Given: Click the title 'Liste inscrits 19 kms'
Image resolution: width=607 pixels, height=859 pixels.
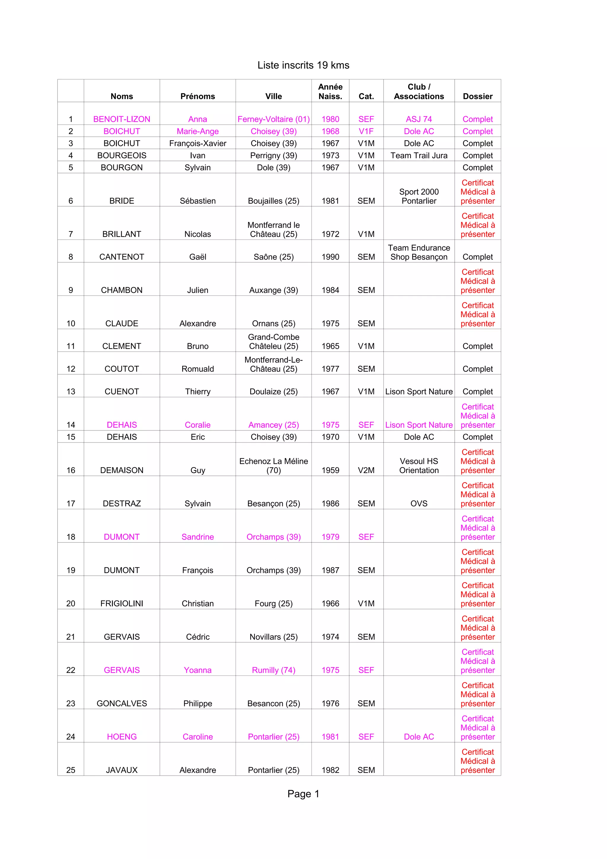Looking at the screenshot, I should (303, 65).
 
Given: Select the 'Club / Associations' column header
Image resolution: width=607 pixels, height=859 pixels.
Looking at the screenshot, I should (418, 92).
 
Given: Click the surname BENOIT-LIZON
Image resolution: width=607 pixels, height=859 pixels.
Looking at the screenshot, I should (122, 119).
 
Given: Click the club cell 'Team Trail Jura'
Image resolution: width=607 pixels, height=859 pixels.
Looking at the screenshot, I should (418, 155).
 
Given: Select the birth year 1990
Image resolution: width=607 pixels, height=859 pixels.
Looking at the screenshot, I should (330, 257).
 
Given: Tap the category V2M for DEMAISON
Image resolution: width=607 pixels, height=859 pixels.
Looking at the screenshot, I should (366, 470).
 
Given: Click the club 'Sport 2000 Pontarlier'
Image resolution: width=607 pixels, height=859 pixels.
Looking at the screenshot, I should (418, 197).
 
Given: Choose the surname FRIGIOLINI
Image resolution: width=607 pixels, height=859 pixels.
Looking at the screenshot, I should (122, 603).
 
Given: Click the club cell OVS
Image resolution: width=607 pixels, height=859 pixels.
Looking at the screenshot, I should (418, 504).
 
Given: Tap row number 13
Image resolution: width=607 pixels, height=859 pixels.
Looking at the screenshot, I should (71, 391).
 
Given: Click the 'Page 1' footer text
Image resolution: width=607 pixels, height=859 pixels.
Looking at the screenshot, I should (303, 794).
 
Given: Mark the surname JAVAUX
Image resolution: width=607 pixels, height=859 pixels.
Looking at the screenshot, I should (122, 770).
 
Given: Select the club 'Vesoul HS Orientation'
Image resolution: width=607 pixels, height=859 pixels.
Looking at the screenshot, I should (418, 466).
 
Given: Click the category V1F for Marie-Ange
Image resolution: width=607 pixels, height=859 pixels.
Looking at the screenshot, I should (366, 131).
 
